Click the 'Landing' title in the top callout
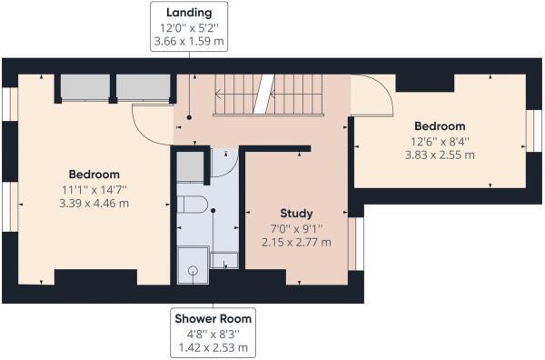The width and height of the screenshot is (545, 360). (189, 12)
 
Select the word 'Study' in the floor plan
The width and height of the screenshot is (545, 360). (296, 214)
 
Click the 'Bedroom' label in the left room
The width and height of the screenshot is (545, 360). (94, 175)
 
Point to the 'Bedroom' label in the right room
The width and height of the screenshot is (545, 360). (440, 126)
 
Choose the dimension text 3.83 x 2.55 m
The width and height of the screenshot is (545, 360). (440, 155)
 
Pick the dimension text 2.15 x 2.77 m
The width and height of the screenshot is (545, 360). (296, 242)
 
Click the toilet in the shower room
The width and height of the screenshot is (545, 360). (192, 205)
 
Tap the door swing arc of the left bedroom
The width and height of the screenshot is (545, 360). (149, 125)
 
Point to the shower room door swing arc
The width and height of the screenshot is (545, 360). (223, 162)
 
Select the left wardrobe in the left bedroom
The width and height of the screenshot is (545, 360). (84, 87)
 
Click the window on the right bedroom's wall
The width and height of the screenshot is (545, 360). (529, 129)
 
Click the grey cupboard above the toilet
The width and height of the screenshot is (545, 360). (191, 167)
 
